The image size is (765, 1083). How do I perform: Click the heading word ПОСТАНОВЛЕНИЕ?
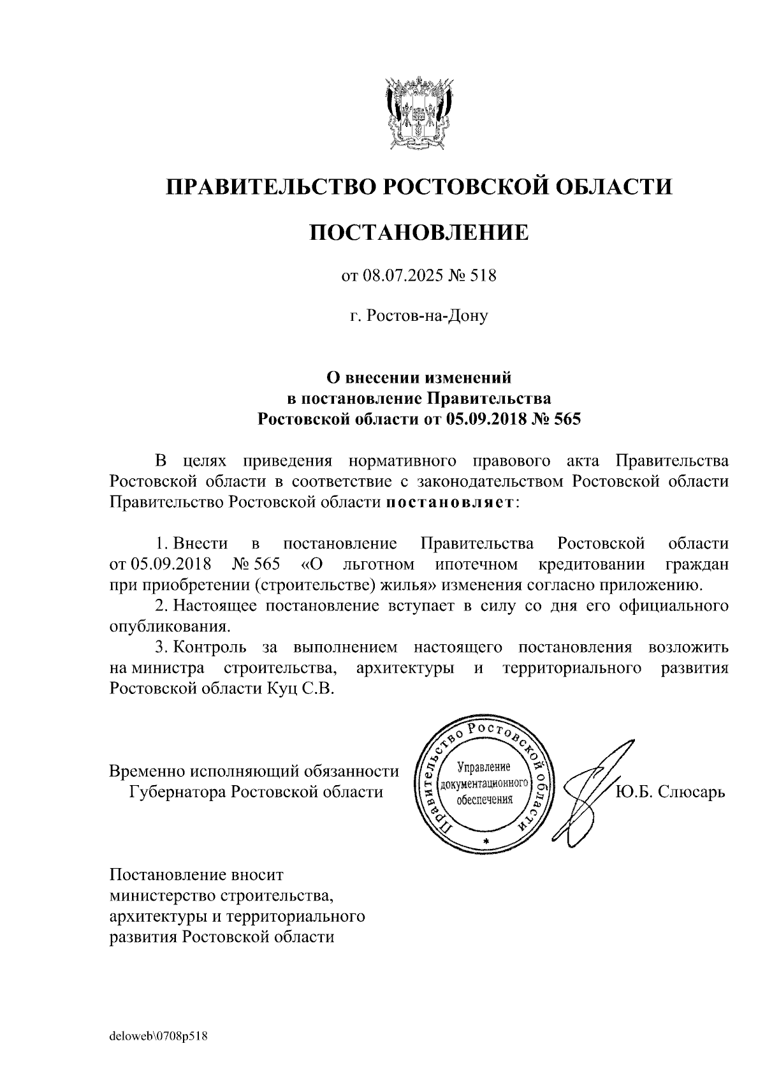point(419,232)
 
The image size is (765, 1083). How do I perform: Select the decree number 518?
point(483,276)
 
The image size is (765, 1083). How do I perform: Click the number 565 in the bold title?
point(567,419)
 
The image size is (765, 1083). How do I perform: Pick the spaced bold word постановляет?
point(450,502)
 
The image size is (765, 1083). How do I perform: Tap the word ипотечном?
point(477,564)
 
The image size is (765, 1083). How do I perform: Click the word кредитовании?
point(592,564)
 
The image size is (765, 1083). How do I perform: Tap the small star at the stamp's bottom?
point(486,843)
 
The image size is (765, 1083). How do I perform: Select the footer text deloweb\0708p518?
point(159,1036)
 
